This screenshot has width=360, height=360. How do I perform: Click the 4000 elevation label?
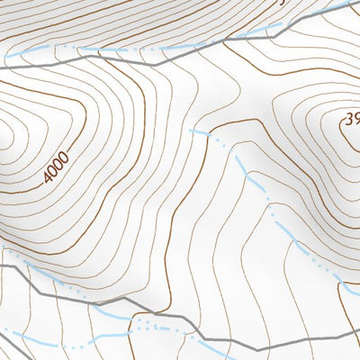pyautogui.click(x=57, y=168)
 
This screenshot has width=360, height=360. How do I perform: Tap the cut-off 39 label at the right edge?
pyautogui.click(x=352, y=118)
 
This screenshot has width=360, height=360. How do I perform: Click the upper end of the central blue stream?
pyautogui.click(x=192, y=130)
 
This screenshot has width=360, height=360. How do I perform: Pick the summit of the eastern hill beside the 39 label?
pyautogui.click(x=353, y=135)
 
